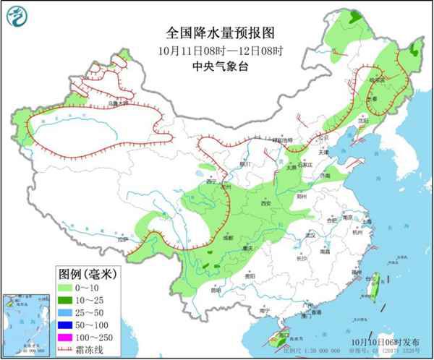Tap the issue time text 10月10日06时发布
pos(388,340)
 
